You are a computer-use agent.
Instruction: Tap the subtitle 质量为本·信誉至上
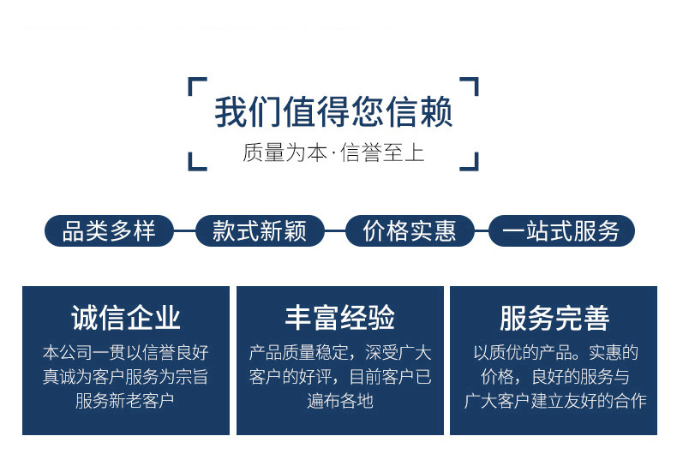333,154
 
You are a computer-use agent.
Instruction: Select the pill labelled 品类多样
109,231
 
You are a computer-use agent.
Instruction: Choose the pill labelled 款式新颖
260,231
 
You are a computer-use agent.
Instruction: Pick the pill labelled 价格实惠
410,231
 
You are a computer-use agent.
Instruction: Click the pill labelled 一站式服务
561,231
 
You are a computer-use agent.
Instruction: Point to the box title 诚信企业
126,318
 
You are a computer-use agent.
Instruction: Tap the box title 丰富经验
340,318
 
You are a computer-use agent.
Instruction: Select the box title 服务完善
554,318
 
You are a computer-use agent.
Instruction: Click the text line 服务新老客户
125,400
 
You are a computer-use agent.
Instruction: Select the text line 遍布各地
340,400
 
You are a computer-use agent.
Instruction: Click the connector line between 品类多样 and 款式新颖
184,231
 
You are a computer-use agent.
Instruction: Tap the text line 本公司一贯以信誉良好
125,352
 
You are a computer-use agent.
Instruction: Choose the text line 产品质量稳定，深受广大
340,352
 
